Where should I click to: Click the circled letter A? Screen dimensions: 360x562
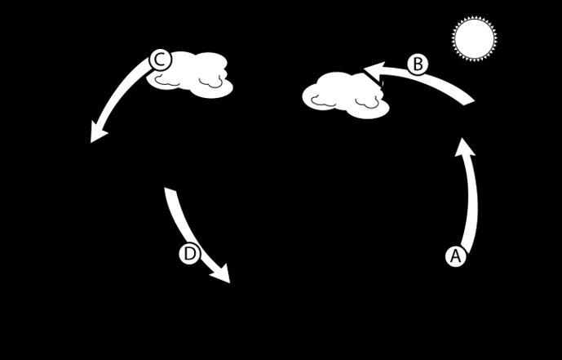[455, 256]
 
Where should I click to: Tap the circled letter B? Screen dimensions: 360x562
[418, 64]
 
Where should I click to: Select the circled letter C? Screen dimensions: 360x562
[161, 60]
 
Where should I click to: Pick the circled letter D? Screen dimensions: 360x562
[189, 254]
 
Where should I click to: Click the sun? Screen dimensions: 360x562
[474, 39]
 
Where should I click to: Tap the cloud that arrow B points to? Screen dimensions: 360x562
[345, 94]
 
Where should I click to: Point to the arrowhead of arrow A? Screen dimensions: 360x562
[464, 148]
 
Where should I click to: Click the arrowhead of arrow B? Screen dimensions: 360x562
[372, 69]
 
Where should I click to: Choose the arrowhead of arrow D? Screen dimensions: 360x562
[222, 274]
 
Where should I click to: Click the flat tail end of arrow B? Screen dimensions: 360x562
[469, 100]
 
